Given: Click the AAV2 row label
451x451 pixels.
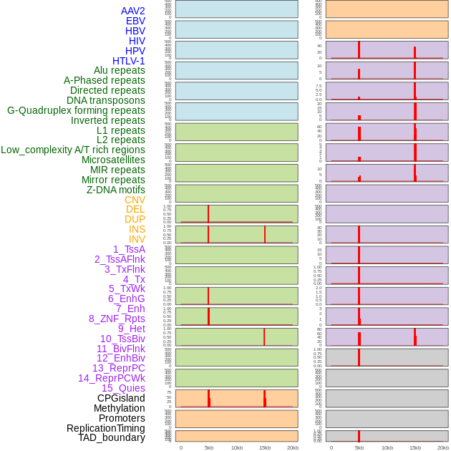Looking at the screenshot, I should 132,11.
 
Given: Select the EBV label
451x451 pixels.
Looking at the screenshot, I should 135,21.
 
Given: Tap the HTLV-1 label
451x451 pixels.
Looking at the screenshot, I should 129,61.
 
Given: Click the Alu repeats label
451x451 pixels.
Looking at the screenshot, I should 120,70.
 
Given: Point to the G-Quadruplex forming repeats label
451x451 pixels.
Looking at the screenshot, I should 76,110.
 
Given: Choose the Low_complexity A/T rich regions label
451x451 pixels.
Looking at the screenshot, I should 73,150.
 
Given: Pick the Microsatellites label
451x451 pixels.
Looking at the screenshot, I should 113,160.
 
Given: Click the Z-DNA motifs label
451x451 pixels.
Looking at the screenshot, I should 116,190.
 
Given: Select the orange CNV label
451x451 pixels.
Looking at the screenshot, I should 135,200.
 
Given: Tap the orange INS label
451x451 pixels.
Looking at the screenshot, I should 137,229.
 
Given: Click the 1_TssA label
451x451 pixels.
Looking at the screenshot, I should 129,249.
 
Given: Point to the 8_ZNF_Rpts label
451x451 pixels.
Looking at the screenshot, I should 117,319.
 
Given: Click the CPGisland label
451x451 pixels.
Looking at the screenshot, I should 121,398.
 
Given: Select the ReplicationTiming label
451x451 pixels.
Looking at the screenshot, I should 105,428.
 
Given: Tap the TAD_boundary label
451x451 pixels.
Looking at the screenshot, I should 112,437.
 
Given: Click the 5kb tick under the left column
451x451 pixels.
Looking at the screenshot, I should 209,447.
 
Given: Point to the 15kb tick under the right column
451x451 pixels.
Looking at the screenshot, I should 415,447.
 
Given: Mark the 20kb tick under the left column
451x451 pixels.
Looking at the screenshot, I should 293,447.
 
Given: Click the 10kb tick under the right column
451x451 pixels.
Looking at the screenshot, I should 387,447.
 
